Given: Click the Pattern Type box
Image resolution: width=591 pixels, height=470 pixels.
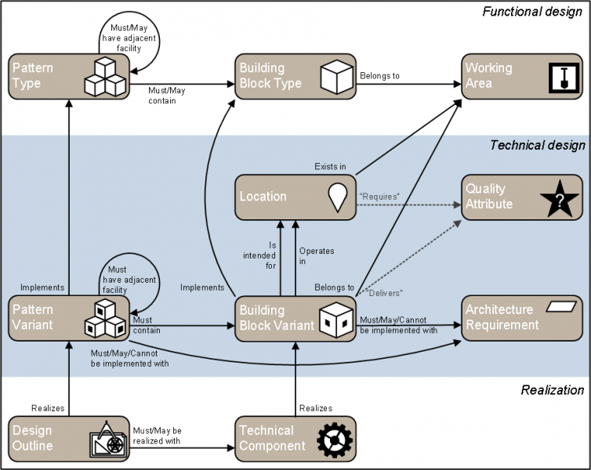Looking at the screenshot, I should tap(69, 76).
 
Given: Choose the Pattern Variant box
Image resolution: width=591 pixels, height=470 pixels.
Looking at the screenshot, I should tap(69, 317).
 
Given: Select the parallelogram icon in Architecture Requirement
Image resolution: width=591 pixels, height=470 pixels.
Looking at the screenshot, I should tap(561, 307).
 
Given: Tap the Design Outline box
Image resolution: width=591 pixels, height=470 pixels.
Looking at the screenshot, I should tap(69, 438).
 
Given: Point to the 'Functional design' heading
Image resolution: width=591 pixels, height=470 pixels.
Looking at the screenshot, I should tap(532, 11).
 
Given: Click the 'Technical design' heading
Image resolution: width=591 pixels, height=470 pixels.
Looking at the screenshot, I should tap(537, 145).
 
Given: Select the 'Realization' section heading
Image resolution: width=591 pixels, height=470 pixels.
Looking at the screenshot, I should tap(553, 390).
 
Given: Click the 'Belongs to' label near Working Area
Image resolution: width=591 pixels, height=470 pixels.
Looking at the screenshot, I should tap(379, 76).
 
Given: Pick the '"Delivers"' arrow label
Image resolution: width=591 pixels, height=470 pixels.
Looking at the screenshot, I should tap(383, 292).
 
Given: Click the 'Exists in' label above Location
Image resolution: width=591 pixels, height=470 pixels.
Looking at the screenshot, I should tap(330, 167).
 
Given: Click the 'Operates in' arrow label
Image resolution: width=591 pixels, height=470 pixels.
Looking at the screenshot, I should tap(317, 256).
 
